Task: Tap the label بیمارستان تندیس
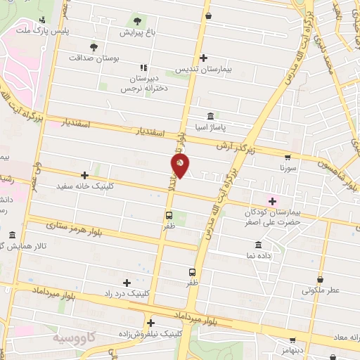[x=204, y=69]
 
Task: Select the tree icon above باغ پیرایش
[x=136, y=20]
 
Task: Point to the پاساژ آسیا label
[x=211, y=127]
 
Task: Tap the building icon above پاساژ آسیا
[x=211, y=115]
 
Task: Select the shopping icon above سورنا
[x=288, y=157]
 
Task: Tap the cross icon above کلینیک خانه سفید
[x=84, y=175]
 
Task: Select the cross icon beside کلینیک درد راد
[x=127, y=283]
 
